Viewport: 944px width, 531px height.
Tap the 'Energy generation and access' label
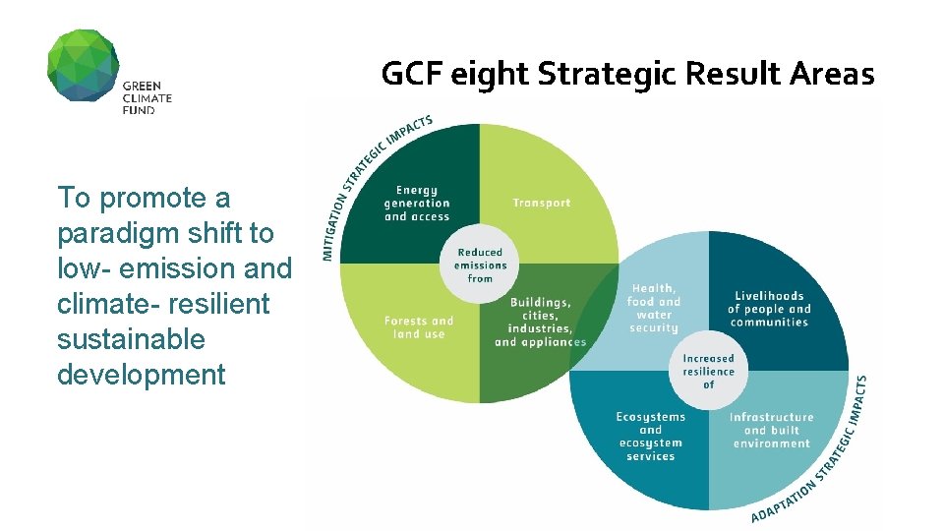pos(417,204)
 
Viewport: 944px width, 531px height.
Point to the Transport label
pos(541,204)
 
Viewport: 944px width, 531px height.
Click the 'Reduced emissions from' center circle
pos(480,265)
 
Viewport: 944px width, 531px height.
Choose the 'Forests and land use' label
pos(419,327)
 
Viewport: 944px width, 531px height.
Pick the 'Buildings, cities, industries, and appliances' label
pos(540,323)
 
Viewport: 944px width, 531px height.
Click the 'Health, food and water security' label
pos(654,308)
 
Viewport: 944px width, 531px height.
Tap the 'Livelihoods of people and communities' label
pos(770,309)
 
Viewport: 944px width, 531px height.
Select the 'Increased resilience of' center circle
pos(708,372)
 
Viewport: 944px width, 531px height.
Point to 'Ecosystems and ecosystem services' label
pos(650,437)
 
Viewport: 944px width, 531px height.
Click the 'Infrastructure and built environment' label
pos(771,431)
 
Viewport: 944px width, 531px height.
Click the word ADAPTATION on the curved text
pos(783,501)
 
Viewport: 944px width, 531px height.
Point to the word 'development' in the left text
pos(142,375)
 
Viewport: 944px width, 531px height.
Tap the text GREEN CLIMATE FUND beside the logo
pos(147,97)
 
